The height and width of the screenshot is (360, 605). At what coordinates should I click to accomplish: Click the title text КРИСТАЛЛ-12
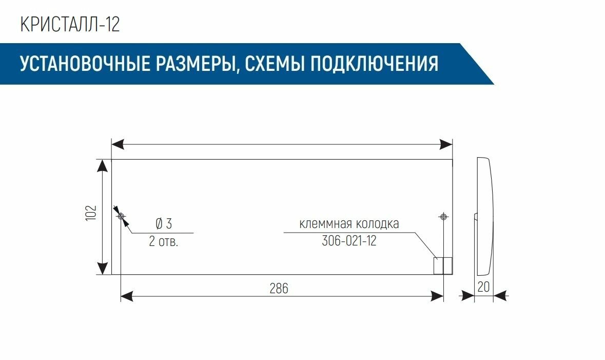click(x=70, y=25)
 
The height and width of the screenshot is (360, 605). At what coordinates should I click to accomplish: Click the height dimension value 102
click(x=91, y=213)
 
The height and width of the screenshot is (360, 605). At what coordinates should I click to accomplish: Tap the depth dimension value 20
click(x=483, y=287)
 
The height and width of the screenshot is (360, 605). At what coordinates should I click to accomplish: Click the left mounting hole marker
click(x=121, y=217)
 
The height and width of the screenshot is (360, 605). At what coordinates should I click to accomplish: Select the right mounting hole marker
click(x=443, y=217)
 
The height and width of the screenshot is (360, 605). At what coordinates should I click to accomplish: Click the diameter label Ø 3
click(x=164, y=224)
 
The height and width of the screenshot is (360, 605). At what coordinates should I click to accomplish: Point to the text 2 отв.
click(x=164, y=241)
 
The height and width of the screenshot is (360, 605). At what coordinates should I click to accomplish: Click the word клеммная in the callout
click(x=324, y=224)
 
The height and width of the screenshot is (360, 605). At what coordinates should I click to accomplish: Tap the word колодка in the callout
click(x=377, y=224)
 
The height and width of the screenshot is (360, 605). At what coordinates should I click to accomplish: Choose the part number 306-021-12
click(x=349, y=241)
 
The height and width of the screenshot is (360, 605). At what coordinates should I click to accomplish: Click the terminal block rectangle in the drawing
click(x=443, y=266)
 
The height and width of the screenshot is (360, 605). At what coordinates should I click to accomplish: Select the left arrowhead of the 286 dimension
click(x=126, y=296)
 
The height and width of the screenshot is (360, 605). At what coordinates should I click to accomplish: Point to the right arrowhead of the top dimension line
click(x=446, y=144)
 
